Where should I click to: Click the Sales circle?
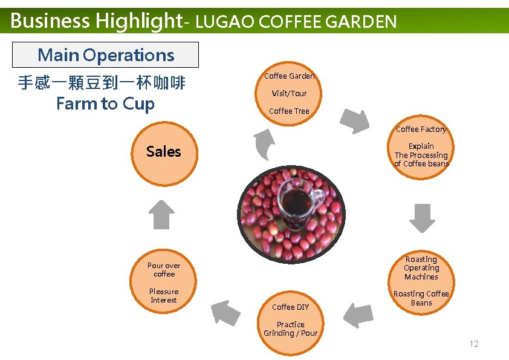click(x=163, y=152)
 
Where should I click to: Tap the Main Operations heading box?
click(x=106, y=55)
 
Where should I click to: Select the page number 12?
click(x=474, y=344)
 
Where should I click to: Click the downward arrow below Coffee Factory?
click(x=422, y=218)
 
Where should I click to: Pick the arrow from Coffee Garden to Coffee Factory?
click(x=355, y=121)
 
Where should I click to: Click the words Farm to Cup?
click(x=105, y=103)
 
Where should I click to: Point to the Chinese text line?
click(x=102, y=83)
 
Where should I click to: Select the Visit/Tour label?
click(x=289, y=94)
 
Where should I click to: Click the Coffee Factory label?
click(x=421, y=129)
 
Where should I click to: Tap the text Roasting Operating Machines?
click(x=421, y=268)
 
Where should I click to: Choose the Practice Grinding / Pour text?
click(x=290, y=329)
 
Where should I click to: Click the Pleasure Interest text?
click(x=164, y=295)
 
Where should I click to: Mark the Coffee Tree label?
click(x=289, y=111)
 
